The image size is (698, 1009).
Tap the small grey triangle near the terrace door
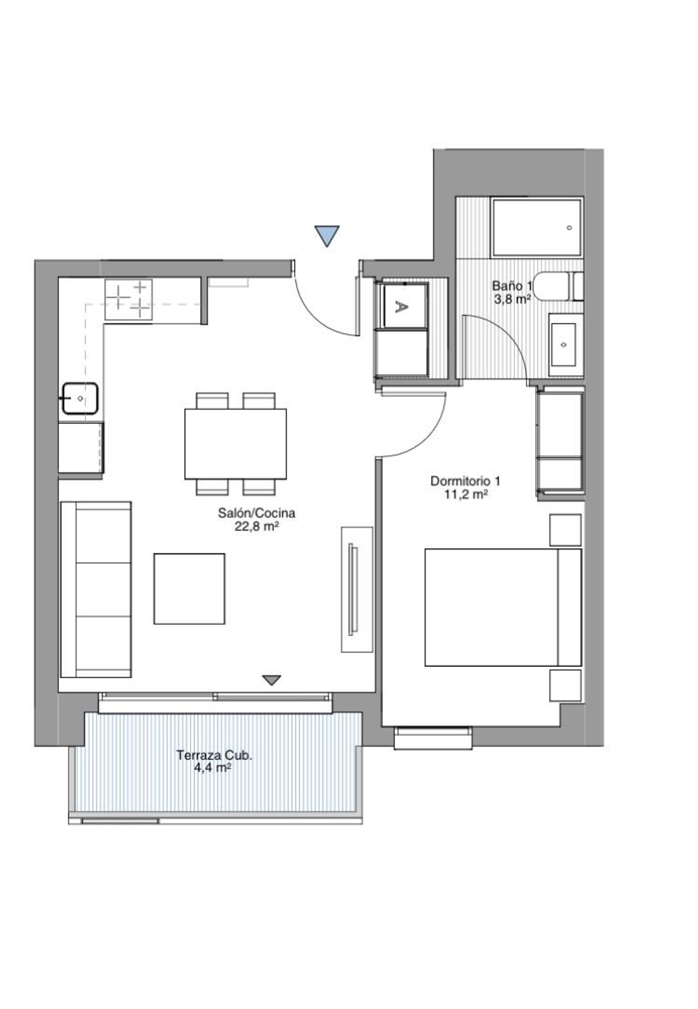(271, 680)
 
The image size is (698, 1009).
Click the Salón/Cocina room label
(256, 513)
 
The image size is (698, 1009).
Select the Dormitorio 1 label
(465, 481)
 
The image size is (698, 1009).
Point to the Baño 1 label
(511, 285)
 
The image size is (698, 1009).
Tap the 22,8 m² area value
(257, 526)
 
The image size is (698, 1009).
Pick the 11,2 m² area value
(465, 494)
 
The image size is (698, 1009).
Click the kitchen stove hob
(128, 299)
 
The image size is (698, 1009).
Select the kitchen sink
(80, 398)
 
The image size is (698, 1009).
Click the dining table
(235, 444)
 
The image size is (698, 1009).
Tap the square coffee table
(189, 589)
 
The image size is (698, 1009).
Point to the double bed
(503, 607)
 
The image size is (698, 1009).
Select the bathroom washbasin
(564, 344)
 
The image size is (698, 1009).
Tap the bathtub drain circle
(569, 228)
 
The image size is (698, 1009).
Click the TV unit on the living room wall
(357, 589)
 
